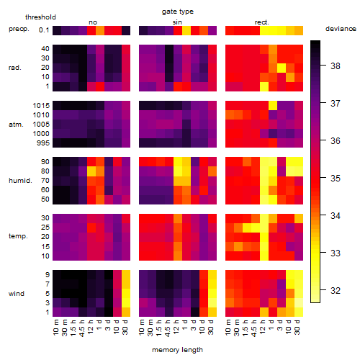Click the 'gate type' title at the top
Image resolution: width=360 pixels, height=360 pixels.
click(x=178, y=12)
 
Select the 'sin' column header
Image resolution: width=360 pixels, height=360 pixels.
click(x=177, y=22)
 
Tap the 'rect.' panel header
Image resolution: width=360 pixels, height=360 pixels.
click(x=262, y=22)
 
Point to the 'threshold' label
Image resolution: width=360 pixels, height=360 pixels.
click(x=40, y=17)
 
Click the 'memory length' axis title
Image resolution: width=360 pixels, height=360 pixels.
click(x=177, y=350)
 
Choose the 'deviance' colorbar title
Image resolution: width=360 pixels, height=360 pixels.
click(x=341, y=29)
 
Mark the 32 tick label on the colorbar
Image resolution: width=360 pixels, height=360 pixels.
click(x=336, y=291)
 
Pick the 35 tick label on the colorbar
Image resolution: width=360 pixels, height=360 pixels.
click(x=336, y=179)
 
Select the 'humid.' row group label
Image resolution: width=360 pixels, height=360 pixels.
click(x=20, y=181)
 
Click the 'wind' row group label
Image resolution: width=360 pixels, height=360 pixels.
click(x=17, y=294)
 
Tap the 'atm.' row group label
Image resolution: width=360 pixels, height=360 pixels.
click(x=16, y=125)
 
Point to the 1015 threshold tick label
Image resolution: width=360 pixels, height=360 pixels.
click(x=41, y=106)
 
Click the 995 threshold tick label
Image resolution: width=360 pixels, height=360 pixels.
click(x=43, y=143)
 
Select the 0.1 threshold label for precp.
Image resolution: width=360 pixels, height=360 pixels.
click(x=44, y=30)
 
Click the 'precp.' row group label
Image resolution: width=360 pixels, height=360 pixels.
click(x=19, y=30)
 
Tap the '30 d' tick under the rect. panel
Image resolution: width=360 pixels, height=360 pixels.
click(x=297, y=327)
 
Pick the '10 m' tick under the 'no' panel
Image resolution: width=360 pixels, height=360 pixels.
click(x=55, y=327)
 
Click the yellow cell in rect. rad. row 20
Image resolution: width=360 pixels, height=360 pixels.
click(x=282, y=68)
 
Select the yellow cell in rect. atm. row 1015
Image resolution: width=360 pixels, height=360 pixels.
click(x=273, y=105)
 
